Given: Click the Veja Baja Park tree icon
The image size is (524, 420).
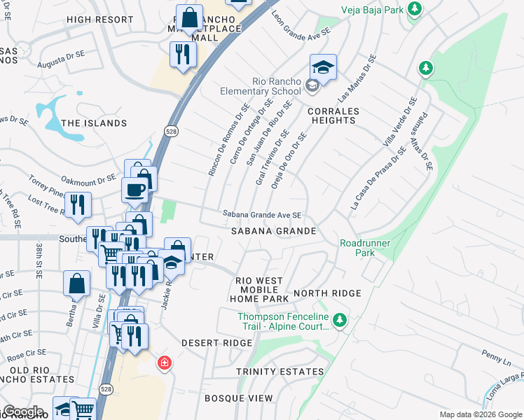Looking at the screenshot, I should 415,9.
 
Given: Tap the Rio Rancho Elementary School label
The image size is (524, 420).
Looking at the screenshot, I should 268,87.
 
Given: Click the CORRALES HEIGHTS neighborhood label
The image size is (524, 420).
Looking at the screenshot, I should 333,116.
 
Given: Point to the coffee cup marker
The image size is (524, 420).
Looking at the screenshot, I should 135,189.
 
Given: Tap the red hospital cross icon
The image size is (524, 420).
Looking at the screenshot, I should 164,363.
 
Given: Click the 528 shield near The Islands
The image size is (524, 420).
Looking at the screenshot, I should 171,131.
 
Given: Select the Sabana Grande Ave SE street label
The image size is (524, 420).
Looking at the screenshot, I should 262,215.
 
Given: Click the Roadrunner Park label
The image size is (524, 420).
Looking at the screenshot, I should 364,248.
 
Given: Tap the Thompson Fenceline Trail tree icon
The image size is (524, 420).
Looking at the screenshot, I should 340,320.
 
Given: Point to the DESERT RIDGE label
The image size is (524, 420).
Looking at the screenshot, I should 216,344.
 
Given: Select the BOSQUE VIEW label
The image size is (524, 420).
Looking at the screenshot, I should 239,398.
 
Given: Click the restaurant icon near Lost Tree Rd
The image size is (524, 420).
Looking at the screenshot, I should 78,204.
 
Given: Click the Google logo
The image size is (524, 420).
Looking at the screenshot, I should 22,412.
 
